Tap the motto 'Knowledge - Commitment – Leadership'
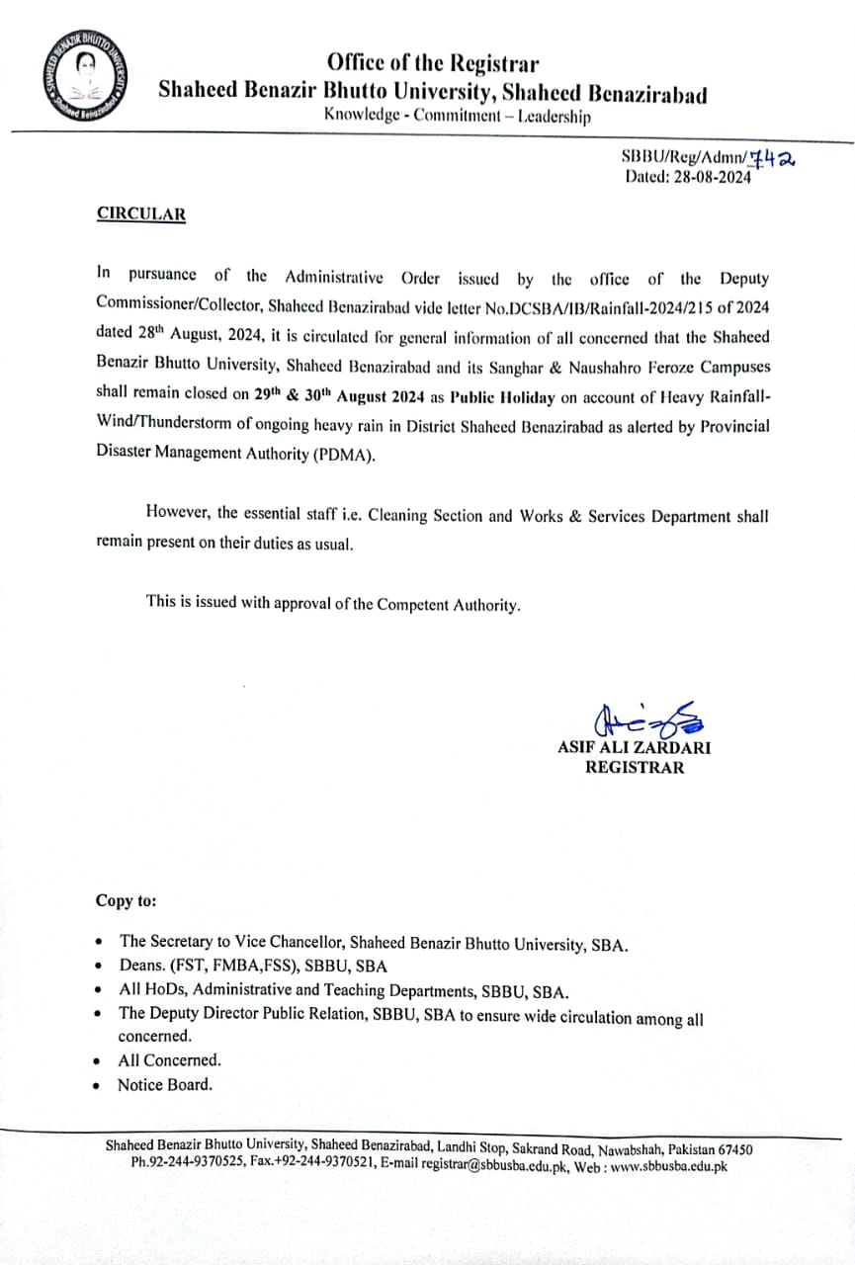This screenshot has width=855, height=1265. (458, 116)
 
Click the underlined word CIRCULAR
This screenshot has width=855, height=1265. (140, 213)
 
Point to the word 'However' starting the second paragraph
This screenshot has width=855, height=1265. (178, 513)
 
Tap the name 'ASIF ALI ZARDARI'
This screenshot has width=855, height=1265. (634, 747)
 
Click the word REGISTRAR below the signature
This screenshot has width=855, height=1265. (634, 767)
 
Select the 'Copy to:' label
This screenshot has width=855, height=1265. (126, 900)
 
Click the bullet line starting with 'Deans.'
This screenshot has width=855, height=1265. (253, 967)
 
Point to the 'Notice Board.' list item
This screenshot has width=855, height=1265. (165, 1084)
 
